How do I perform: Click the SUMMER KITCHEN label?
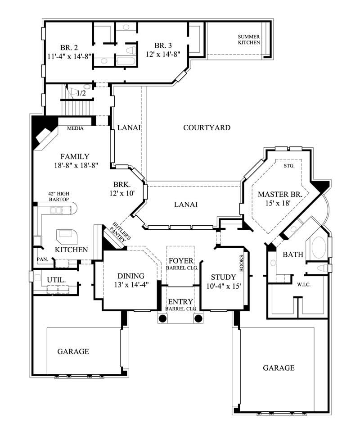[x=249, y=39]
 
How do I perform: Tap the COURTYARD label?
[x=207, y=127]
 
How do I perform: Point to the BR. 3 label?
[x=163, y=45]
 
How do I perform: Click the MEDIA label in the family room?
[x=75, y=128]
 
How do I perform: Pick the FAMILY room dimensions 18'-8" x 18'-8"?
[x=75, y=165]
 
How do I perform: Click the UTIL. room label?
[x=56, y=280]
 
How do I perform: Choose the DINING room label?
[x=130, y=276]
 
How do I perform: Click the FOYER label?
[x=180, y=261]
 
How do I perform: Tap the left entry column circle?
[x=163, y=318]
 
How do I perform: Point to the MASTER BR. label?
[x=283, y=194]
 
